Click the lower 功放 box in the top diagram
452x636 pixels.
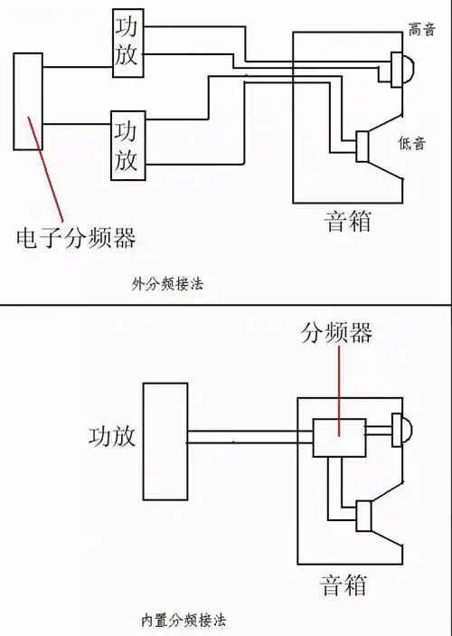pos(127,144)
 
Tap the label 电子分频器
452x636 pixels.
pos(77,238)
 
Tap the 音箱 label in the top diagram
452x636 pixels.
pos(347,221)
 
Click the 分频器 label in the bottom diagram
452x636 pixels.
pos(335,333)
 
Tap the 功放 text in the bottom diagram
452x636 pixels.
pos(112,436)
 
